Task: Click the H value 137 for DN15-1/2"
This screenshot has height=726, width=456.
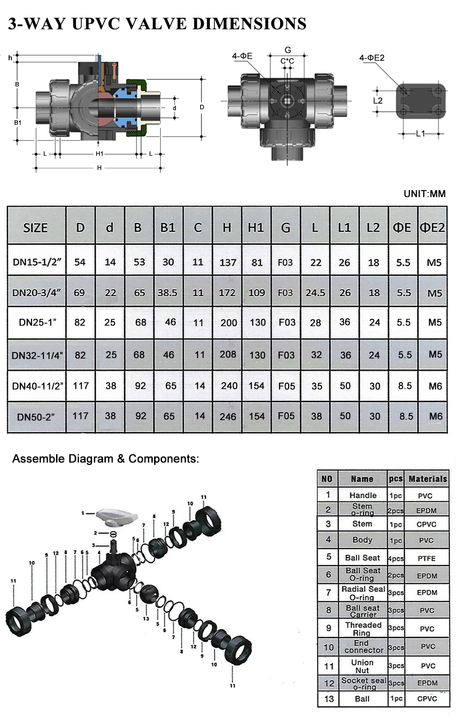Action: coord(228,262)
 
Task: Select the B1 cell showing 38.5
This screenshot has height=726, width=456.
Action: coord(167,292)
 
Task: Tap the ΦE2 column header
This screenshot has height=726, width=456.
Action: coord(432,227)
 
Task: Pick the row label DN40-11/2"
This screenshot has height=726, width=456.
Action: coord(37,386)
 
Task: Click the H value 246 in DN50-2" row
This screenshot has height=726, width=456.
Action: coord(228,416)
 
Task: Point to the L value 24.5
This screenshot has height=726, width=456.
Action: coord(315,292)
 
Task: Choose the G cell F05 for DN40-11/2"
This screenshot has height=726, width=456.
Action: coord(286,386)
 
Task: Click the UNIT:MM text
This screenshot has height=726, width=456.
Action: coord(424,194)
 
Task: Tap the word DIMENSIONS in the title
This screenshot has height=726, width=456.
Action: coord(249,24)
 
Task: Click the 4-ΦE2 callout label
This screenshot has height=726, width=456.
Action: coord(372,58)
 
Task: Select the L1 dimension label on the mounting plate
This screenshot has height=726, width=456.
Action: coord(420,134)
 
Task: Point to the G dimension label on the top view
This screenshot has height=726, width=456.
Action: coord(288,50)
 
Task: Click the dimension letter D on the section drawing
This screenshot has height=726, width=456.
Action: coord(202,107)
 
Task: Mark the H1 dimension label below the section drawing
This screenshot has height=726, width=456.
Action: coord(99,154)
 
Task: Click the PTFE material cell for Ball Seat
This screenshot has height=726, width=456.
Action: coord(426,558)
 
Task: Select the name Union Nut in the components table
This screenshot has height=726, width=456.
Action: coord(362,666)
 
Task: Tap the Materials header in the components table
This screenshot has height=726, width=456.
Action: coord(427,479)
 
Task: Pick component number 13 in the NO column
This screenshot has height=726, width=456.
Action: coord(329,699)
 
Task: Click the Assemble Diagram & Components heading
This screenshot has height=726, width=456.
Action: coord(105,459)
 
